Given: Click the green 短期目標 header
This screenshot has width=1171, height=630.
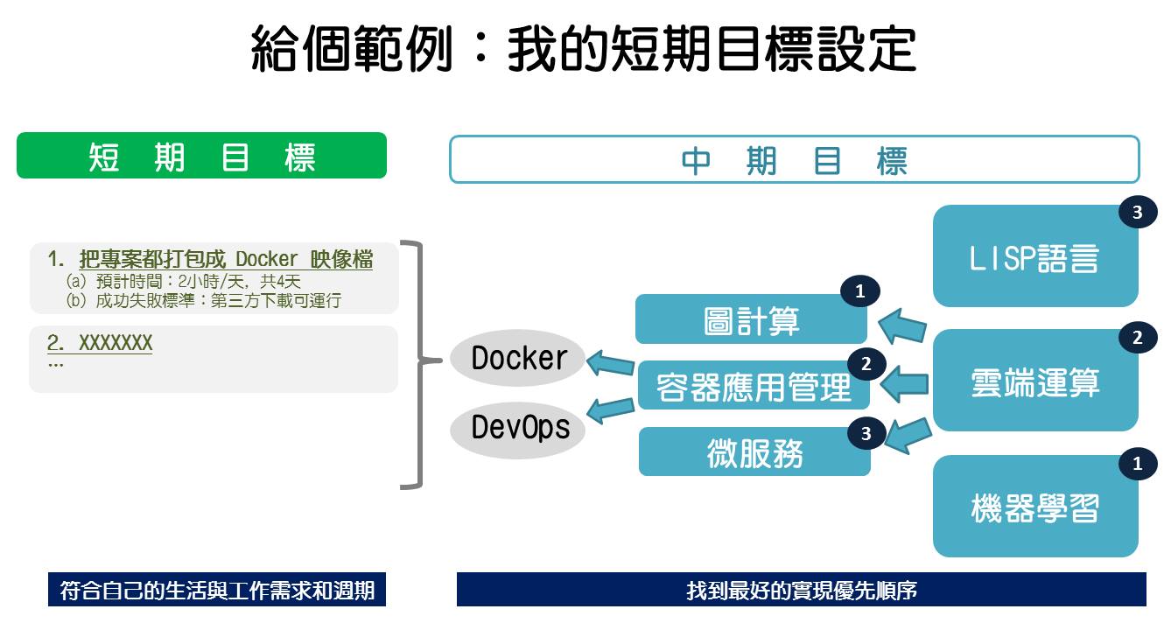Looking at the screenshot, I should (201, 156).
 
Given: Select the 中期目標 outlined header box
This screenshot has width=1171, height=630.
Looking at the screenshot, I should (794, 159).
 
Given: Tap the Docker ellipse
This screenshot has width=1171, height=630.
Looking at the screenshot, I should (518, 358).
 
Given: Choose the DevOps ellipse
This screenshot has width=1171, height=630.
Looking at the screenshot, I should (518, 428).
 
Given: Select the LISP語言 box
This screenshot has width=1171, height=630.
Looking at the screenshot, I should (1034, 257).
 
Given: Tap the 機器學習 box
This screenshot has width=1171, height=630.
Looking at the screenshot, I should (1034, 507).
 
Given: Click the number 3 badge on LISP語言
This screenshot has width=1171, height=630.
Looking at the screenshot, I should (1137, 212).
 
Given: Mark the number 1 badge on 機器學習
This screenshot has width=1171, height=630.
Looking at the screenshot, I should (1137, 464).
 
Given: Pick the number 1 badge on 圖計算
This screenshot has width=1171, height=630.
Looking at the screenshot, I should (859, 292).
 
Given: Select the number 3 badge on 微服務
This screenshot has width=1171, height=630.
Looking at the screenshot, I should (866, 432).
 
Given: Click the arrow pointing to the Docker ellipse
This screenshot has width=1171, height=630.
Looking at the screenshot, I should (611, 362).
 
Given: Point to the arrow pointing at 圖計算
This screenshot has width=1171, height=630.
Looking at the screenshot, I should (901, 326).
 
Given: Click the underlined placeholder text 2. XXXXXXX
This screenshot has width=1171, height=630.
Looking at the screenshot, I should (100, 343).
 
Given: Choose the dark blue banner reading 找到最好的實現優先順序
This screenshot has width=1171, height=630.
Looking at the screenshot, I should (801, 590).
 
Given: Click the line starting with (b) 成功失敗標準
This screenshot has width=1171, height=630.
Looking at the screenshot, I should (204, 300).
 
